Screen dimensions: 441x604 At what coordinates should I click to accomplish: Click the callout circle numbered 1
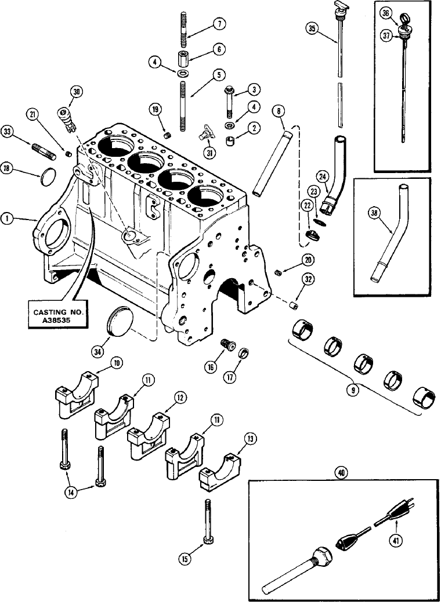(x=7, y=218)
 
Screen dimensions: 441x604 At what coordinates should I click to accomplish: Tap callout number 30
(x=76, y=92)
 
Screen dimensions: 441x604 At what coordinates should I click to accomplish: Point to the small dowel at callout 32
(x=294, y=305)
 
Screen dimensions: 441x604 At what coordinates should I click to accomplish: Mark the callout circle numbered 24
(x=323, y=177)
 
